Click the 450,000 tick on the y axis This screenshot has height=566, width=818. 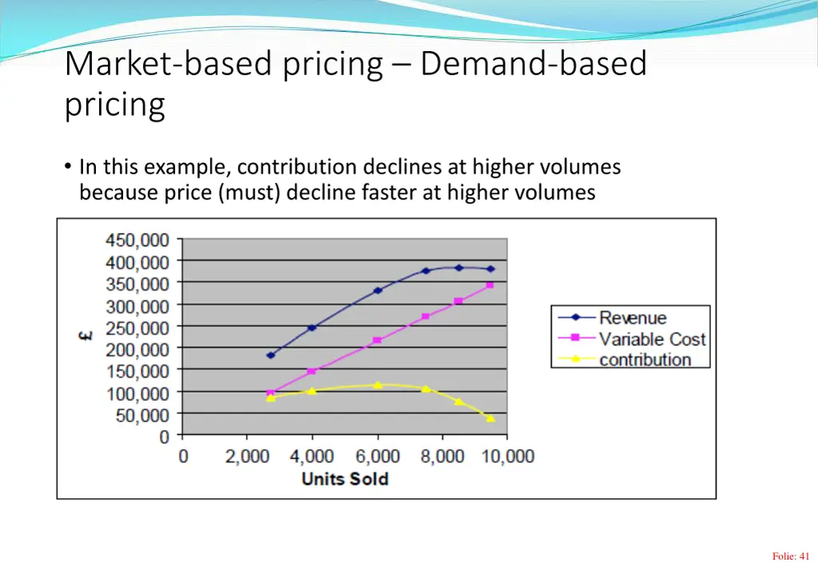coord(137,239)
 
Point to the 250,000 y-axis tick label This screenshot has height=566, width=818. coord(137,327)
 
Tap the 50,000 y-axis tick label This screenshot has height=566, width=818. coord(142,415)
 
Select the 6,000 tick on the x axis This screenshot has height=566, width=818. coord(378,457)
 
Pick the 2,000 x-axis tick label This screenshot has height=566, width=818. coord(247,457)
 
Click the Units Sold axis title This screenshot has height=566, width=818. coord(344,479)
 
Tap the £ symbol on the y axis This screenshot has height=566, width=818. coord(85,336)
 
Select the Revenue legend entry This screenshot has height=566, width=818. coord(632,318)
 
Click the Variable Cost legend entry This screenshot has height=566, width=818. coord(652,339)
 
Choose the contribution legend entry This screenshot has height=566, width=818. coord(645,360)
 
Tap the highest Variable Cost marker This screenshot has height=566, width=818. coord(490,285)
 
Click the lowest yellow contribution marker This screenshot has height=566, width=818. coord(490,418)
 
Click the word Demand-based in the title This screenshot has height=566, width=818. coord(533,64)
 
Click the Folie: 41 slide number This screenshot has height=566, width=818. coord(791,556)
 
